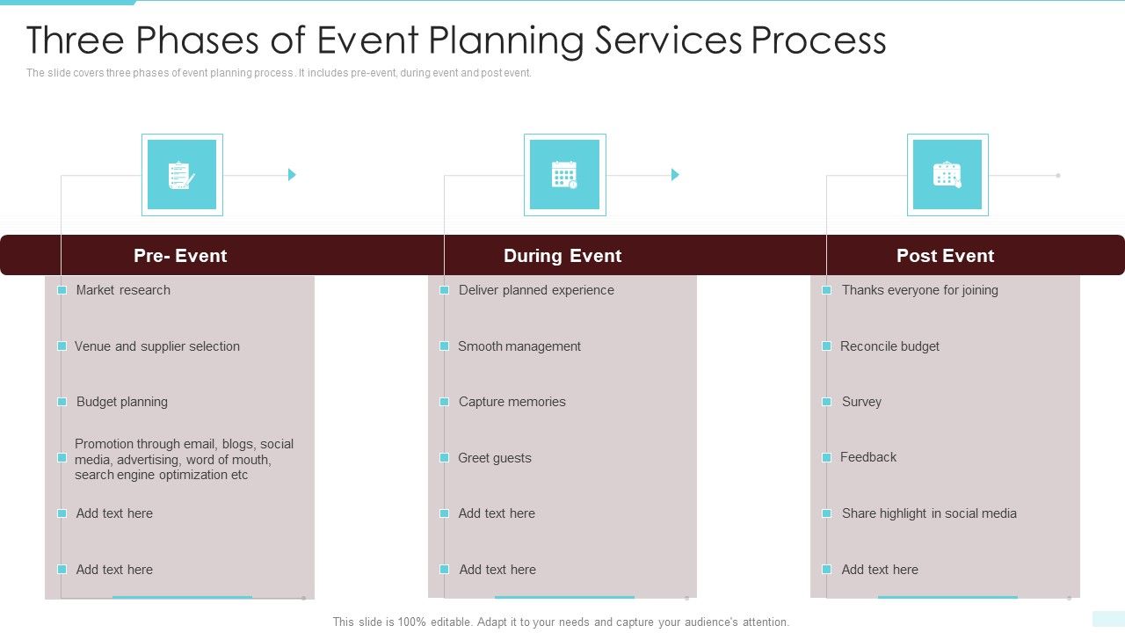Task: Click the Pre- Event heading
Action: tap(180, 256)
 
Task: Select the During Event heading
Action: tap(562, 256)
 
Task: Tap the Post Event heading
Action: tap(945, 256)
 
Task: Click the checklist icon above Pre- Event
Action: tap(182, 175)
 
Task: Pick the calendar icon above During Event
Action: tap(564, 175)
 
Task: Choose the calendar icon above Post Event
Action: tap(947, 175)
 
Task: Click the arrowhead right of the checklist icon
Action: tap(292, 175)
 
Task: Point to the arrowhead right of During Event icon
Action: tap(675, 175)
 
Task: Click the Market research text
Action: tap(123, 290)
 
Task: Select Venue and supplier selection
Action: tap(157, 346)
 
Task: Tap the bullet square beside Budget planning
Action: tap(62, 402)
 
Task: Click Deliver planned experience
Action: tap(536, 290)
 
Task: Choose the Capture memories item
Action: tap(512, 402)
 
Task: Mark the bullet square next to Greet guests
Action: tap(445, 458)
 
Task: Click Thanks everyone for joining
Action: tap(919, 290)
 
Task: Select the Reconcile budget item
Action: tap(889, 346)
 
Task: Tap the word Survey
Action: tap(861, 402)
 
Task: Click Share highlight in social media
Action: tap(929, 513)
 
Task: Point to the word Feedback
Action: tap(868, 457)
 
